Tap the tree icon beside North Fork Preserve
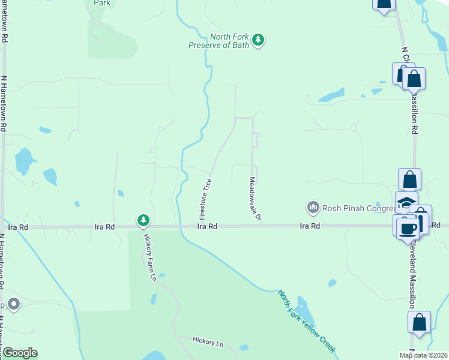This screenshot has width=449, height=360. pyautogui.click(x=259, y=40)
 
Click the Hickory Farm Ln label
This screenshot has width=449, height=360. pyautogui.click(x=149, y=256)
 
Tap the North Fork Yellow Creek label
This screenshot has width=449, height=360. pyautogui.click(x=306, y=322)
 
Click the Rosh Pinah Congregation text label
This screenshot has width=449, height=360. pyautogui.click(x=356, y=208)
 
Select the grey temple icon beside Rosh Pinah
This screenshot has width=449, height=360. pyautogui.click(x=313, y=208)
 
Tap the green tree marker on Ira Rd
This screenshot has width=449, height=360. pyautogui.click(x=143, y=221)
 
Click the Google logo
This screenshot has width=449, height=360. pyautogui.click(x=19, y=353)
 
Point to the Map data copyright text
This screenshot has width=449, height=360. pyautogui.click(x=424, y=355)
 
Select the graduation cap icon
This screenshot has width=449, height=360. pyautogui.click(x=406, y=203)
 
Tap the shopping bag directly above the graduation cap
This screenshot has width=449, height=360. pyautogui.click(x=409, y=179)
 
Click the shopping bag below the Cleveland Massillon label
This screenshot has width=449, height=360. pyautogui.click(x=419, y=322)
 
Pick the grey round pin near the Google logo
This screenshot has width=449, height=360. pyautogui.click(x=14, y=305)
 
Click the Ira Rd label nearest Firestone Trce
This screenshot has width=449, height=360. pyautogui.click(x=208, y=227)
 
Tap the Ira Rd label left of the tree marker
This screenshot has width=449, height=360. pyautogui.click(x=105, y=227)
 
